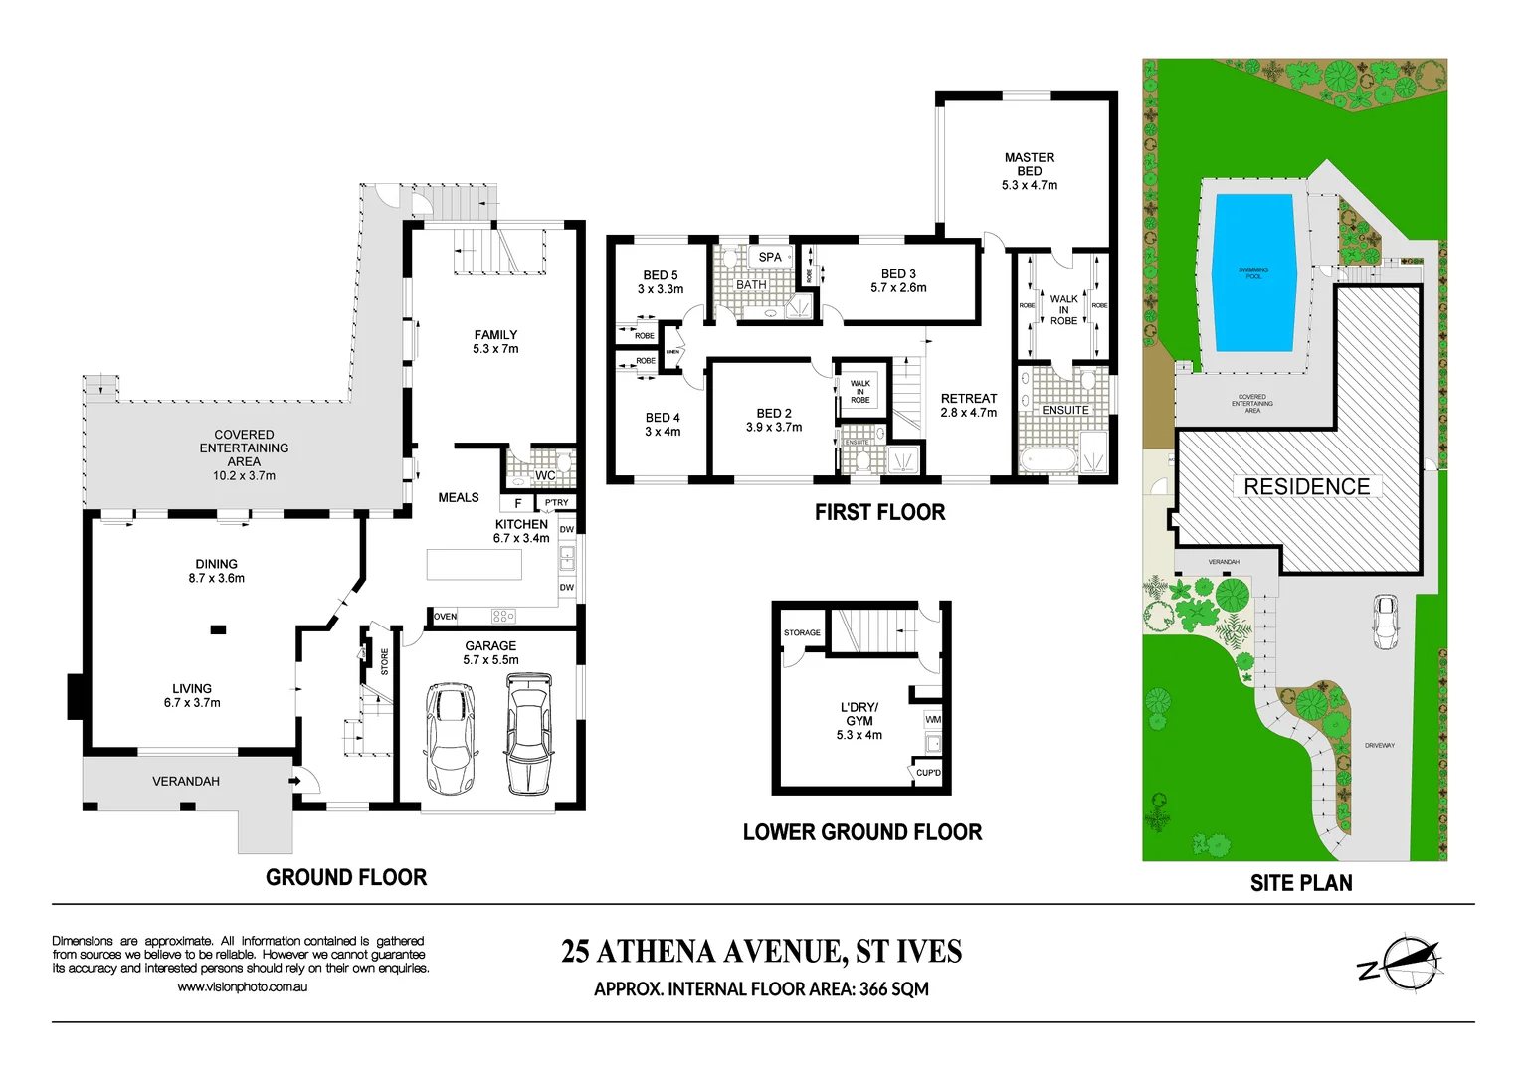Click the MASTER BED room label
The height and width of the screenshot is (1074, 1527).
click(1029, 164)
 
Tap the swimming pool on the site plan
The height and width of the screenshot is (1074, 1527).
click(1252, 272)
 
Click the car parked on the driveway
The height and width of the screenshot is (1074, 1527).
click(1384, 622)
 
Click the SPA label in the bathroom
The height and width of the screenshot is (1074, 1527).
click(770, 257)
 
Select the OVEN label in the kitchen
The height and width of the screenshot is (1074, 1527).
click(445, 617)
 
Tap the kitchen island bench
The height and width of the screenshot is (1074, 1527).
click(474, 564)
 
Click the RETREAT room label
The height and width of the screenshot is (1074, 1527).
click(968, 399)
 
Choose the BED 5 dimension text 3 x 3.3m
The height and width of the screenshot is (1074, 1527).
click(661, 289)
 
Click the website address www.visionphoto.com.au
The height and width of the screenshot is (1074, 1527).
click(242, 987)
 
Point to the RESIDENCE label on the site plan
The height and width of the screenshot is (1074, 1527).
click(1306, 486)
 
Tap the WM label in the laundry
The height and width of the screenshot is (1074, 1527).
click(932, 719)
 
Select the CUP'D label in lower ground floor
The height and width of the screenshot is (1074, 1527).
click(928, 773)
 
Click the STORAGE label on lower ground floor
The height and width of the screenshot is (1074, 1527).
click(802, 632)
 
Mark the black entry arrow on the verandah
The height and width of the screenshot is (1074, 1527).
click(294, 781)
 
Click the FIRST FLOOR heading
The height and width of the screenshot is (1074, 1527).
click(879, 512)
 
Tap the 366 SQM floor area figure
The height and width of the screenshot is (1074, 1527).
click(893, 989)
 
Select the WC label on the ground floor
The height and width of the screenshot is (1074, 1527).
click(545, 476)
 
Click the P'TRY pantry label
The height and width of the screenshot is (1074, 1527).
click(557, 503)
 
